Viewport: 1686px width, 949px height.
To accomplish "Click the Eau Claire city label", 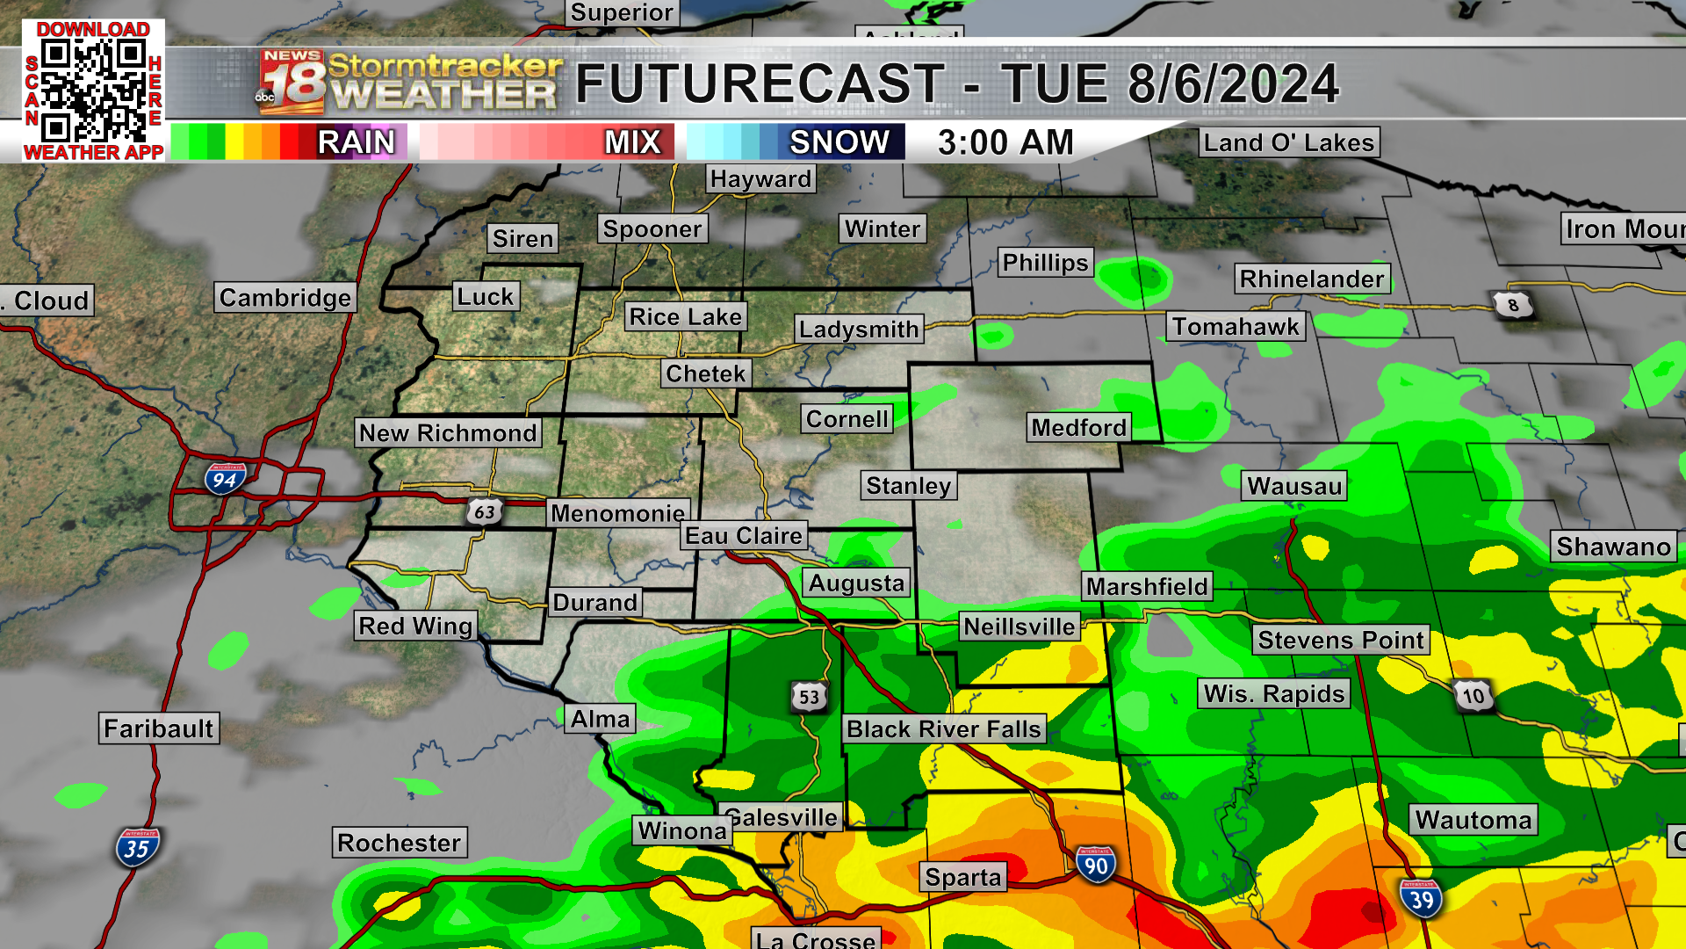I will click(x=744, y=535).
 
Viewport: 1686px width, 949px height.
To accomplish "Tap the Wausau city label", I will click(x=1294, y=486).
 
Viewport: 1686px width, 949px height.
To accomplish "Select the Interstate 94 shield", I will click(x=224, y=479).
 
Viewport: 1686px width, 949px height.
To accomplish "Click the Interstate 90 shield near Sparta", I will click(x=1095, y=866).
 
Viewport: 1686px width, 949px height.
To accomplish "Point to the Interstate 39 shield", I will click(x=1421, y=899).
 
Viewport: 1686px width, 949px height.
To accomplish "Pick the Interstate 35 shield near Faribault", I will click(x=136, y=848).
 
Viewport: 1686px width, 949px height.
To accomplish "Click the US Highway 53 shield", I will click(x=809, y=697).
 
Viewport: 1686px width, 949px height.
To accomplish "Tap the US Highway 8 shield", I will click(x=1512, y=305).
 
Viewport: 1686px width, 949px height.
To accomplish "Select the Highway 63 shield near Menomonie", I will click(x=484, y=511).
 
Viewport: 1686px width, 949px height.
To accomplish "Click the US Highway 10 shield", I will click(x=1473, y=696).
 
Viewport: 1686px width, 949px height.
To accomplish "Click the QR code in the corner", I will click(x=92, y=91).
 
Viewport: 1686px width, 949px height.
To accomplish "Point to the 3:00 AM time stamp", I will click(x=1005, y=142).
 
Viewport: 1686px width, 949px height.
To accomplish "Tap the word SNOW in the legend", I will click(x=839, y=142).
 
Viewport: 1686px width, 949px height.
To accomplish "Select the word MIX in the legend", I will click(x=632, y=142).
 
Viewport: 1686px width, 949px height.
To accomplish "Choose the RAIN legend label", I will click(x=356, y=142).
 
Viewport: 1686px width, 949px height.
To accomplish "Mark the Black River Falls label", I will click(x=944, y=728).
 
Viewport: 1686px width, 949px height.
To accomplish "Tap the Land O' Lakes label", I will click(x=1288, y=142).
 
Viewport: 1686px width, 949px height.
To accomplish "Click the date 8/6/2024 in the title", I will click(x=1233, y=84).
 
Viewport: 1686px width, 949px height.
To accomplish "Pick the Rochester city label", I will click(x=399, y=843).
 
